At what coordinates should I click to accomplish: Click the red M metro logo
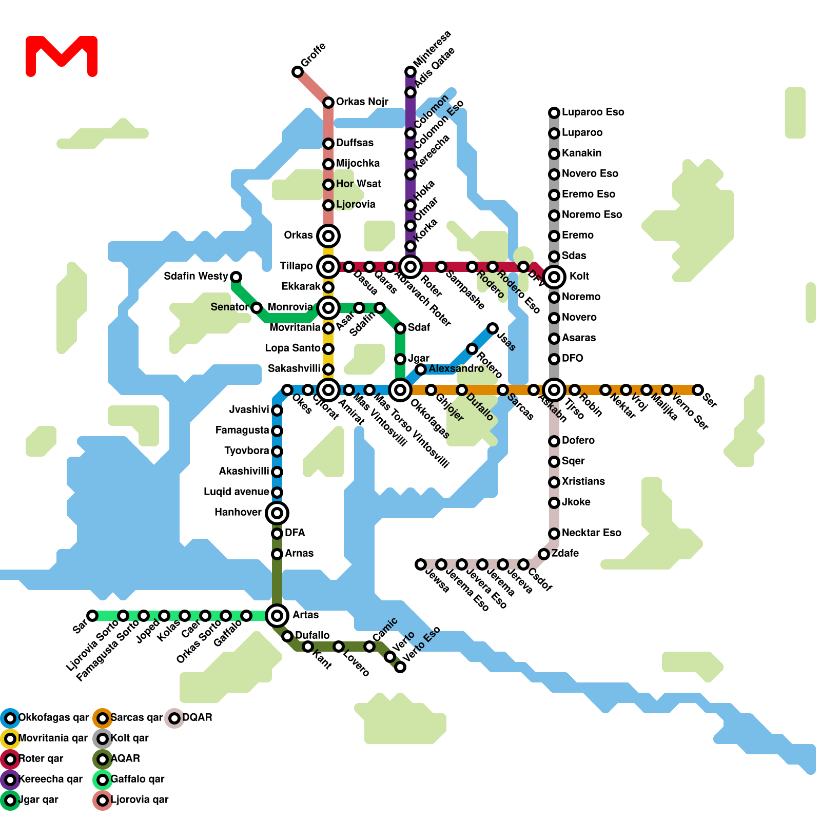click(62, 55)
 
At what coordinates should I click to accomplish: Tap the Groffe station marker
click(298, 72)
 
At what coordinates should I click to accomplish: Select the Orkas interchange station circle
click(328, 236)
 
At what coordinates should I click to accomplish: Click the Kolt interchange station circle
click(554, 277)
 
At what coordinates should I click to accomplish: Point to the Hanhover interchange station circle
click(277, 513)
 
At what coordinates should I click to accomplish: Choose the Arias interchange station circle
click(277, 616)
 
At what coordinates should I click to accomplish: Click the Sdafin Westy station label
click(196, 277)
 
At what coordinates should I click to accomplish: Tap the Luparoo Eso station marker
click(554, 113)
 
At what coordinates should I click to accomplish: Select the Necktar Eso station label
click(591, 533)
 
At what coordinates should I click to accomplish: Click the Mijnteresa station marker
click(411, 72)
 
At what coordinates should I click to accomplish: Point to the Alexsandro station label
click(456, 369)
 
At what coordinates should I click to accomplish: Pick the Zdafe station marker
click(544, 554)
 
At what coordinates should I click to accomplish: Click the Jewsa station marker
click(421, 564)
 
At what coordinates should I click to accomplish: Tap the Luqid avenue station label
click(236, 492)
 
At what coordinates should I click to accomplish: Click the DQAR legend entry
click(190, 718)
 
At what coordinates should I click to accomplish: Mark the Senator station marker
click(257, 308)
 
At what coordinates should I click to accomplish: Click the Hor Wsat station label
click(358, 184)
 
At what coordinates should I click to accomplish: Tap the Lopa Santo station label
click(292, 348)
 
